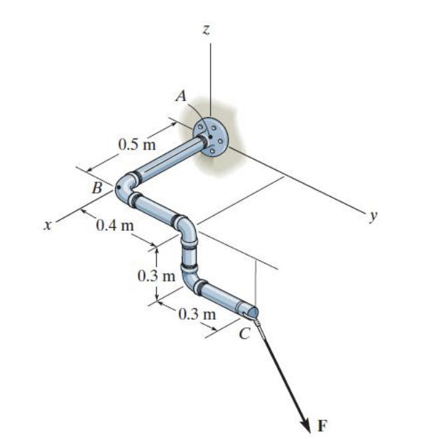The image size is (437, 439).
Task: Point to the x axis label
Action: point(47,226)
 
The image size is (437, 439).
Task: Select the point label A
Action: point(180,96)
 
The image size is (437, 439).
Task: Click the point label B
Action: point(97,188)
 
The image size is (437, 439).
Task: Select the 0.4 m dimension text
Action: point(115,225)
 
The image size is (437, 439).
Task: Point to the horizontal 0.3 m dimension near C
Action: point(198,313)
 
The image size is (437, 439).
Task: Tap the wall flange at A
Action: point(210,137)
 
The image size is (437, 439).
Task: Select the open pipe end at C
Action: point(252,311)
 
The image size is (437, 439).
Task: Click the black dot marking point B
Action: point(119,188)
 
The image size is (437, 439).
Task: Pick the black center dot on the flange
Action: point(209,136)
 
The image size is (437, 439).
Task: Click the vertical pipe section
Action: point(189,255)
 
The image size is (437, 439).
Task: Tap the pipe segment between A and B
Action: point(167,159)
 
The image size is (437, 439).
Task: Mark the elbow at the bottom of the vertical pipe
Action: point(193,283)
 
